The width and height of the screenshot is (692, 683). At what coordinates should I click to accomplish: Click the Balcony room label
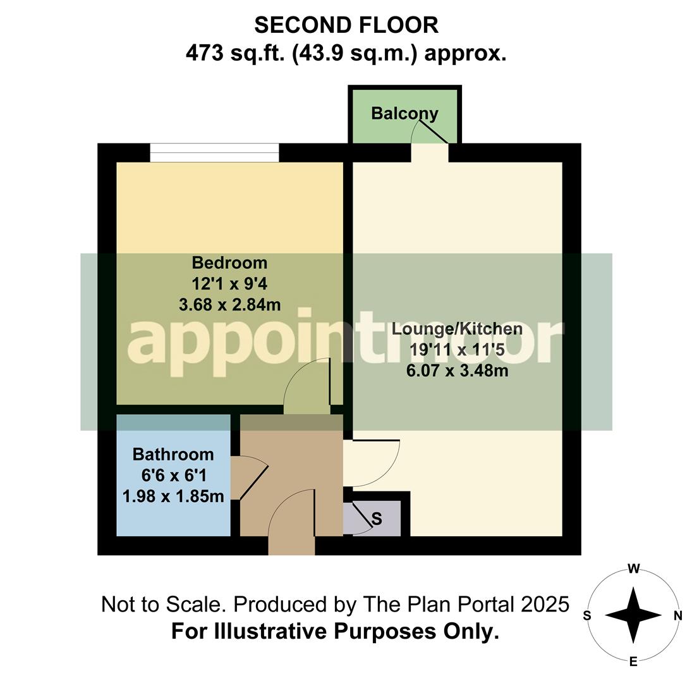coord(404,114)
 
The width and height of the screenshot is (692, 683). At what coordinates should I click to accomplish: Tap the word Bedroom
coord(229,262)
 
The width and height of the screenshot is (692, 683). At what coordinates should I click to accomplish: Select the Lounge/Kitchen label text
coord(457,329)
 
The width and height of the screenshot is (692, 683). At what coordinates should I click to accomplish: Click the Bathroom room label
coord(173,454)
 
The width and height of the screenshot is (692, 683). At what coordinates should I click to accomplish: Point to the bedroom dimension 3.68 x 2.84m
coord(229,305)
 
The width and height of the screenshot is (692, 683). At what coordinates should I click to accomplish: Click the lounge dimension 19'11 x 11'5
coord(457,350)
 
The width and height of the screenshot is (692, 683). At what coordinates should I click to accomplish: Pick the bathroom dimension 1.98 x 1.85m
coord(173,496)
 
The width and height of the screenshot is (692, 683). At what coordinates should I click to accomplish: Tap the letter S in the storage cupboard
coord(377,519)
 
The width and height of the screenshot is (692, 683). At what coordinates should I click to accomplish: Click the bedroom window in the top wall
coord(214,153)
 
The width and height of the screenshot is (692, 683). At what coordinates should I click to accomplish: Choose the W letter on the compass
coord(633,569)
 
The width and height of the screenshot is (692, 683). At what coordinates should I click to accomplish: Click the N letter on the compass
coord(677,615)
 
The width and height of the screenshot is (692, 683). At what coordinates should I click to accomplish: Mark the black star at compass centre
coord(633,615)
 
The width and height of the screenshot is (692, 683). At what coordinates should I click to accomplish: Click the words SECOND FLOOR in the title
coord(346,25)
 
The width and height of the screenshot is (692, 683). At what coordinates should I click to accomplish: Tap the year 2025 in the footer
coord(545,605)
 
